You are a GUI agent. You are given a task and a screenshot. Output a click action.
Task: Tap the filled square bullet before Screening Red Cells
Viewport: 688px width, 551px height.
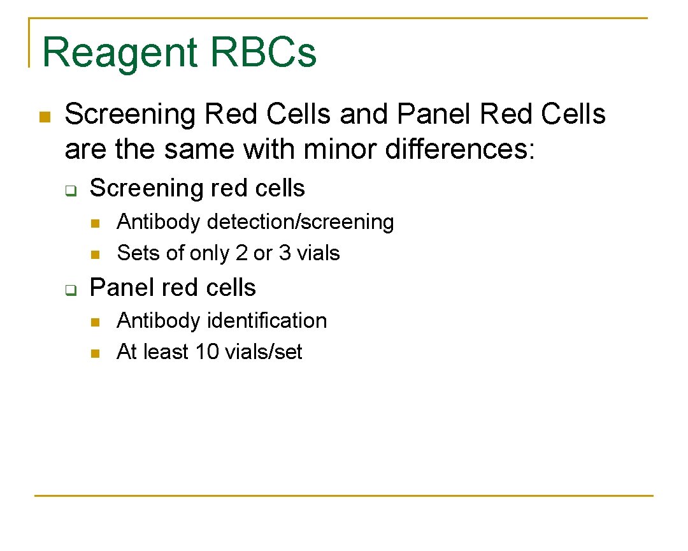tap(44, 117)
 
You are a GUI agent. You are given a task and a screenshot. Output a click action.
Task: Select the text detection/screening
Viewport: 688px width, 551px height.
tap(301, 223)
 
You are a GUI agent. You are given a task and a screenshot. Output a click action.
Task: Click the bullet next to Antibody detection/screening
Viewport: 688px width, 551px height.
tap(95, 223)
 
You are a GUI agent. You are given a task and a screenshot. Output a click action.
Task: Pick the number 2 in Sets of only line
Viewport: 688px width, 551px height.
tap(241, 254)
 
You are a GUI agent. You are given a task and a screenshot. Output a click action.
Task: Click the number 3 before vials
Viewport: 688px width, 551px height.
tap(285, 254)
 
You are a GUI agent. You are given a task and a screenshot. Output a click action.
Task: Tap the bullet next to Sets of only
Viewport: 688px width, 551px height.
tap(95, 254)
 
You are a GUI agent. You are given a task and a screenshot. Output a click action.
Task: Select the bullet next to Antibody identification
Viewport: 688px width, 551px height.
tap(95, 322)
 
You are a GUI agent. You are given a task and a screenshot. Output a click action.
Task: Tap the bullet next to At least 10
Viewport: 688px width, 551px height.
tap(95, 353)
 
